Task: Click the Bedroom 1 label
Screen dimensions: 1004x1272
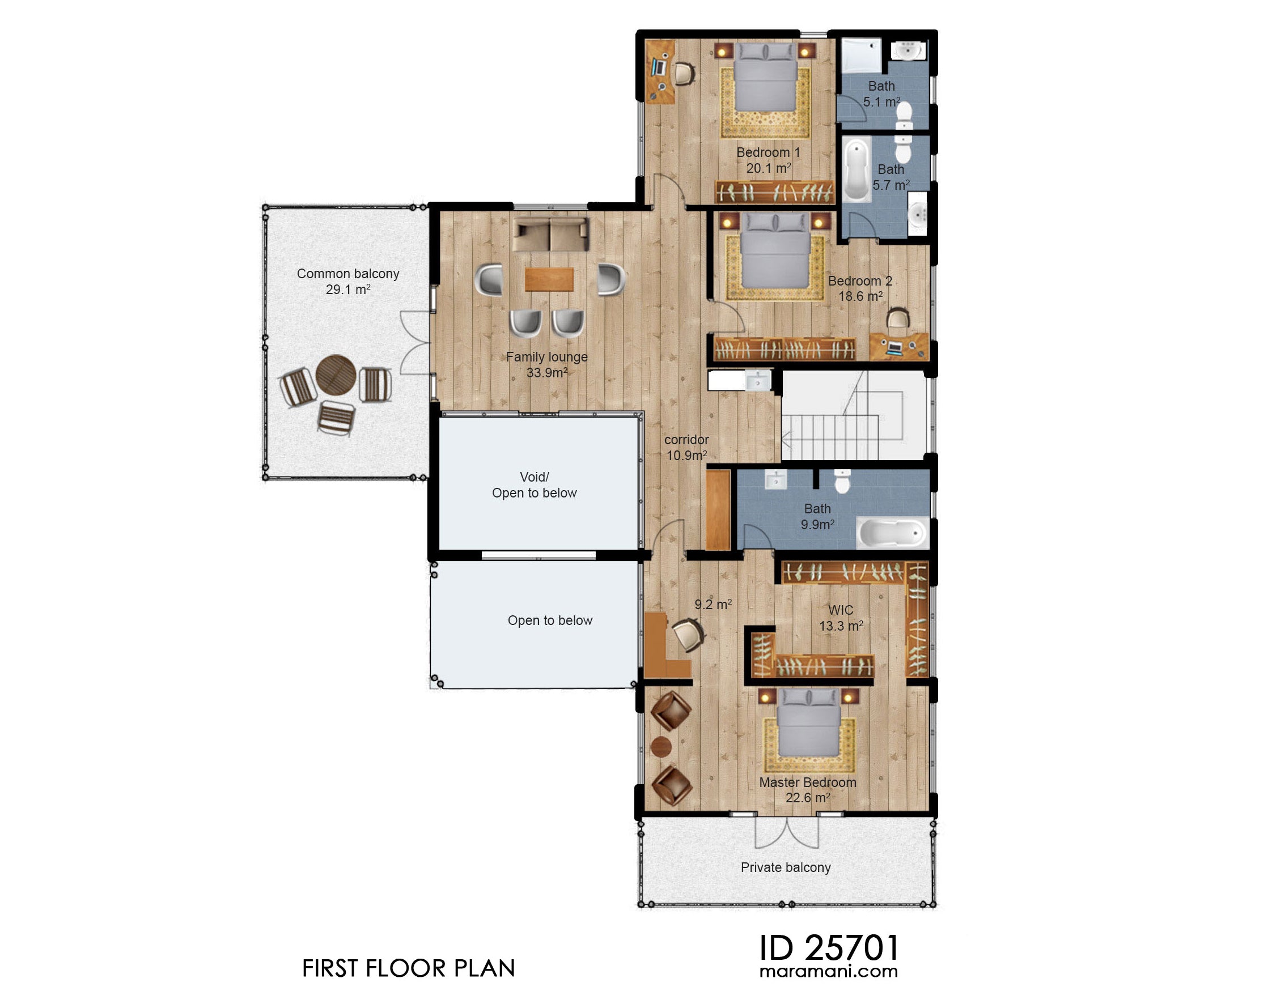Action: (768, 160)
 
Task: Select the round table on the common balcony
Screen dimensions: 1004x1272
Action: (335, 375)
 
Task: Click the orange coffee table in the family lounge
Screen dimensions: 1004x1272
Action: (549, 279)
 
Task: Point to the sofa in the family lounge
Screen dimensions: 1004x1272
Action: (550, 235)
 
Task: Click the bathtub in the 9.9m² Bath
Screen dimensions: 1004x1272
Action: (892, 534)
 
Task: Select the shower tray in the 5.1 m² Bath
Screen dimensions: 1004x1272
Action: (860, 56)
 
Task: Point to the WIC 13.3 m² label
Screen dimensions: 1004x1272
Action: (841, 618)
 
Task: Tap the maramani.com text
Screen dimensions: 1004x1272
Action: (829, 971)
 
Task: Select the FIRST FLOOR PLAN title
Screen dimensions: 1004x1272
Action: (408, 969)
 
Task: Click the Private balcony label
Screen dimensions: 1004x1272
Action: (785, 867)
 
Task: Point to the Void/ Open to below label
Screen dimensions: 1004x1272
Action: (534, 485)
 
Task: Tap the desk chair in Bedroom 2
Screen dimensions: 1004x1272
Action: (898, 319)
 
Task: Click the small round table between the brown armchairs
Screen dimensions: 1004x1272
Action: (662, 747)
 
